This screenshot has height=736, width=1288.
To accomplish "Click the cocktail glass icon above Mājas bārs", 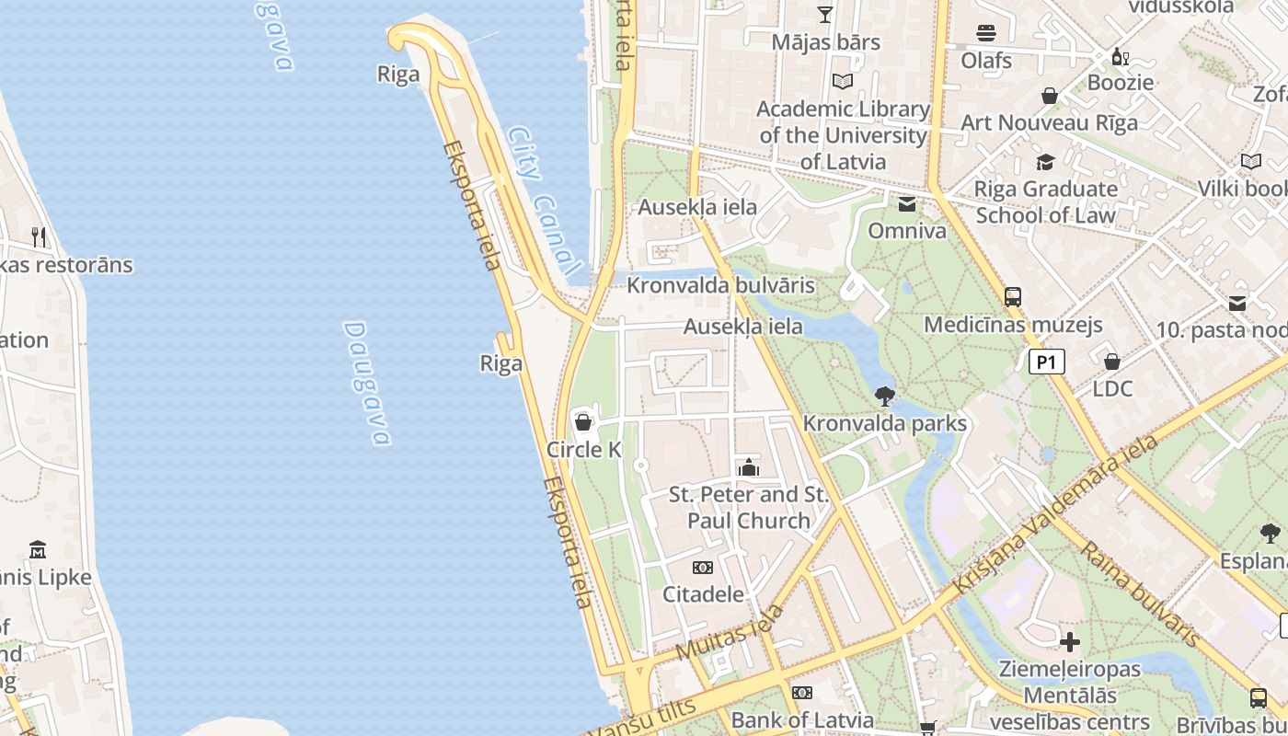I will (x=824, y=14).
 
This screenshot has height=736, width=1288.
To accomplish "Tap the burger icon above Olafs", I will (x=986, y=33).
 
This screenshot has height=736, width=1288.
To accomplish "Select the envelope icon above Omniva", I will (x=907, y=204).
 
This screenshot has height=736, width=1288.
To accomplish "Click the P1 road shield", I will (x=1046, y=362).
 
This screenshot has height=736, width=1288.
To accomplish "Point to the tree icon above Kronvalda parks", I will (x=884, y=397).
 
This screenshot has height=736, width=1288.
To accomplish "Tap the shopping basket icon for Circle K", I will (x=582, y=422).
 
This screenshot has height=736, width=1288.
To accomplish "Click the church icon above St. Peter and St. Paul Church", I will (x=748, y=467).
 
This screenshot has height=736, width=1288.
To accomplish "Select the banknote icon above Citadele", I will (x=702, y=567).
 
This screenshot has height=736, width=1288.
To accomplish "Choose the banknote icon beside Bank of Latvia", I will (x=802, y=692).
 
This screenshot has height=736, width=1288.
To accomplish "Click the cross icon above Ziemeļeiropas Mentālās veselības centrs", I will (x=1069, y=642).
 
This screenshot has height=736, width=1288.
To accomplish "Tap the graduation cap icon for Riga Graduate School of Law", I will (x=1045, y=163).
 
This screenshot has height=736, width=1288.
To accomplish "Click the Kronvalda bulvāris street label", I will (x=720, y=285).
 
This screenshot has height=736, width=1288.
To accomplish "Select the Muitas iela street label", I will (x=730, y=632).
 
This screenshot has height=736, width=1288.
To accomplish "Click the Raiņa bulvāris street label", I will (x=1140, y=593).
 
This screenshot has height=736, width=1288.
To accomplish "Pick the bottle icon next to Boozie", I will (x=1120, y=56).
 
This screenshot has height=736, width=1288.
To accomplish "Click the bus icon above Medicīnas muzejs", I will (x=1012, y=297).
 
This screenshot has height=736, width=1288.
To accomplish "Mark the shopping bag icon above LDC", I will (x=1111, y=362).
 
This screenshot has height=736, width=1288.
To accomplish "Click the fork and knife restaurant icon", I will (x=39, y=237).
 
